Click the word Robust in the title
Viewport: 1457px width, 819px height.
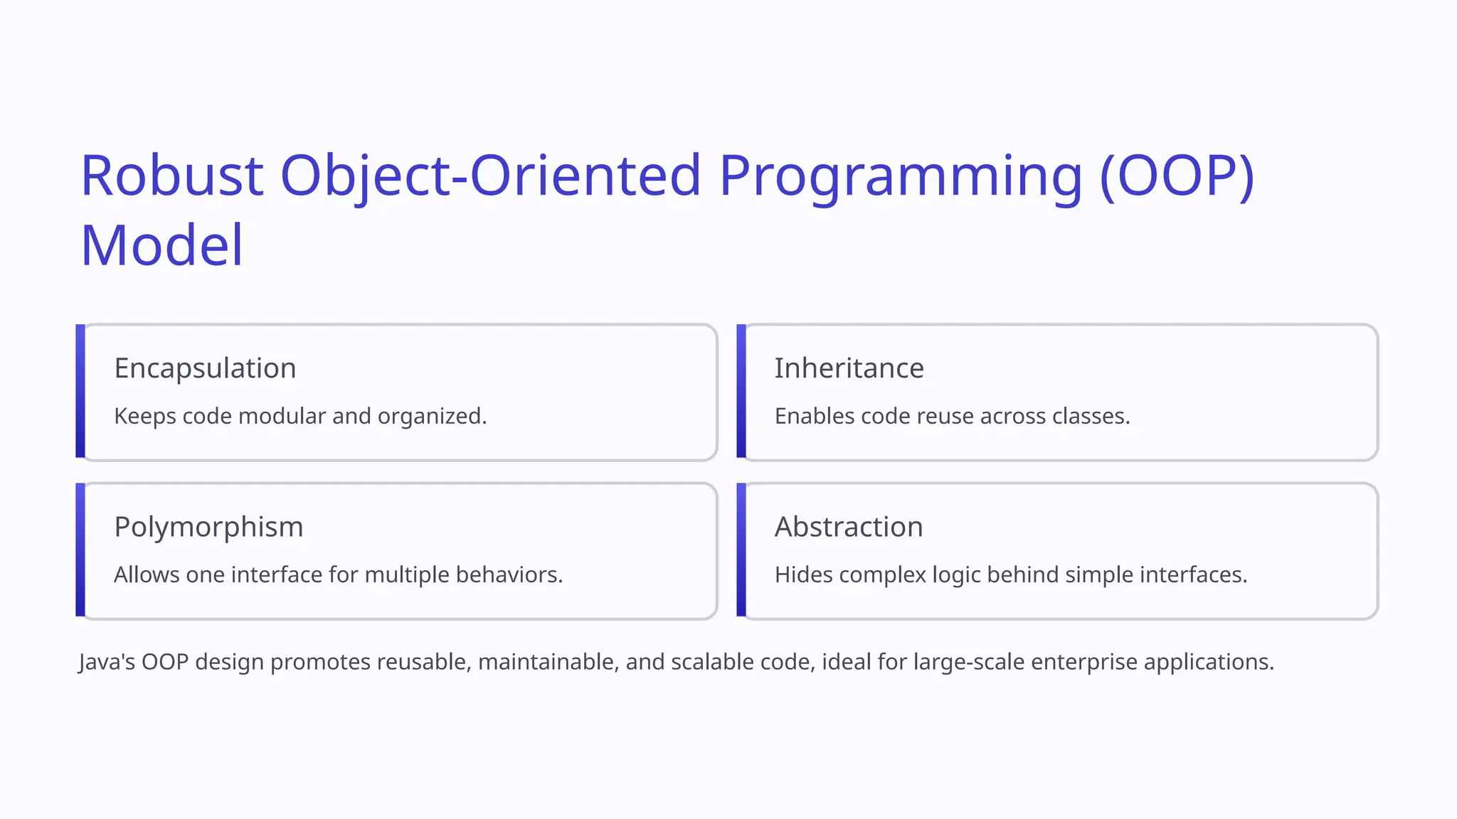172,176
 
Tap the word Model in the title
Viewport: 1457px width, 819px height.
162,245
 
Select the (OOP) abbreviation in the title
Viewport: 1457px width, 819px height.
1177,176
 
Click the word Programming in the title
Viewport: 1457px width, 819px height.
901,176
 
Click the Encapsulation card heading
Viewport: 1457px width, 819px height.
205,368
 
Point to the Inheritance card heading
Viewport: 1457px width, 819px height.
849,368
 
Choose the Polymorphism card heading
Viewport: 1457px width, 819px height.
208,527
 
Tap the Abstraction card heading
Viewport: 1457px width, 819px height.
849,527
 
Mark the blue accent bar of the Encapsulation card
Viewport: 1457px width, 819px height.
80,391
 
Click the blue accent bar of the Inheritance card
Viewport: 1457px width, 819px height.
741,391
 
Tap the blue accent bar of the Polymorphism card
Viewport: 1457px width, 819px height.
80,550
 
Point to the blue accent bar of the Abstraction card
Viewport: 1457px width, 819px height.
741,550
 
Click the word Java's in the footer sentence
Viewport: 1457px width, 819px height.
107,662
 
